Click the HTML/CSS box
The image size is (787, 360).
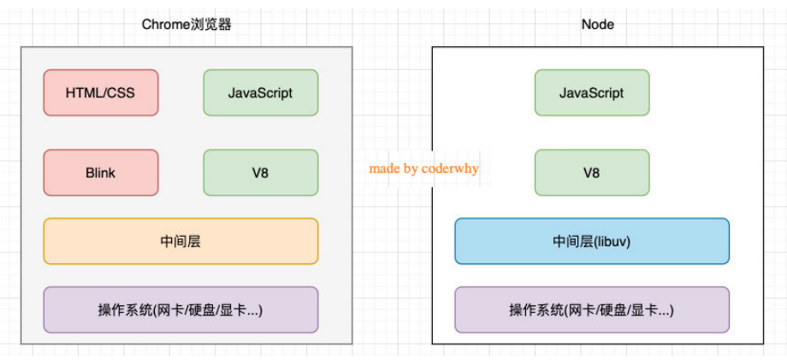[x=101, y=92]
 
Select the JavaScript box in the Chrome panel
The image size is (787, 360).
[x=261, y=92]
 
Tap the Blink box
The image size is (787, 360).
[x=101, y=173]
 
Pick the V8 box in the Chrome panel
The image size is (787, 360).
[x=261, y=173]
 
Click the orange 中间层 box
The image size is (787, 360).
[x=180, y=241]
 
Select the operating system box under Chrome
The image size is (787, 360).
[x=180, y=310]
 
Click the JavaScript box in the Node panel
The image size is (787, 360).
[x=592, y=92]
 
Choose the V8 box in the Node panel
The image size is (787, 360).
[x=592, y=173]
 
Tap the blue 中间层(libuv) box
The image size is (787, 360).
[x=592, y=241]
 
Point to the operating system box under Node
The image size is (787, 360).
[x=592, y=310]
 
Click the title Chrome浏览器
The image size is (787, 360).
[x=186, y=25]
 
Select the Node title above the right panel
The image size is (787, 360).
[x=598, y=25]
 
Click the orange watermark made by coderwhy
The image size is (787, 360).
[x=424, y=168]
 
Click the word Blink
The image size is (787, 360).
[x=100, y=173]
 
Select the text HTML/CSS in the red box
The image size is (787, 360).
[x=100, y=93]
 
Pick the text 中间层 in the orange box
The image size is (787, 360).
[x=180, y=242]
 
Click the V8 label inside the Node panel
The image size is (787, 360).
[x=592, y=173]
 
